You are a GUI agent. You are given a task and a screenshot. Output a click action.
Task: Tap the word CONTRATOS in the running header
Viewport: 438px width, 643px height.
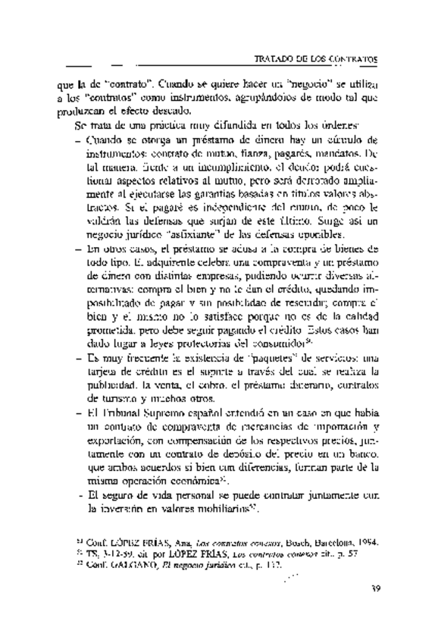coord(352,58)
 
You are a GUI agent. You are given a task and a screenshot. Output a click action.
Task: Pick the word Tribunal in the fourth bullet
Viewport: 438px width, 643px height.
coord(123,412)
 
